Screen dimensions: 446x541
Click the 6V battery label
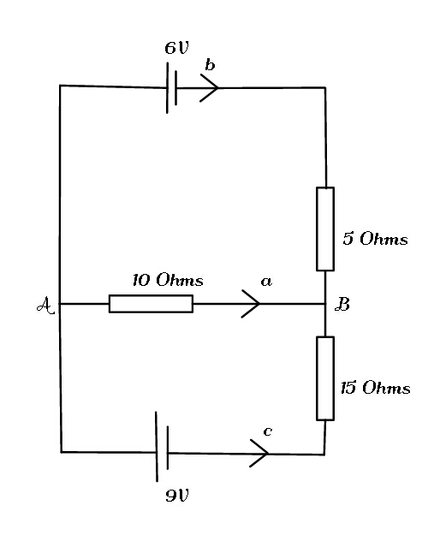(176, 48)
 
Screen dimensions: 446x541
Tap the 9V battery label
(177, 496)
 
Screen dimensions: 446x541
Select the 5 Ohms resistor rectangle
(325, 229)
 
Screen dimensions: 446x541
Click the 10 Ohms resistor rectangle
(151, 304)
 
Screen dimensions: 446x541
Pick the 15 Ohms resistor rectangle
(325, 378)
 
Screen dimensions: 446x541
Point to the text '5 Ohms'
(375, 239)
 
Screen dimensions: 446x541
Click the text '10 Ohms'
(168, 280)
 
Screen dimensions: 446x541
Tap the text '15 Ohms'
(375, 388)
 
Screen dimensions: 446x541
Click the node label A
(45, 305)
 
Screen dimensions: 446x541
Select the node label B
(342, 305)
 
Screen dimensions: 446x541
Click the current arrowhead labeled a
(251, 304)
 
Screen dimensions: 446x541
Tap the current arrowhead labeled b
(210, 87)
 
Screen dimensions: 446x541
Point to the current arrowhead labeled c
(259, 454)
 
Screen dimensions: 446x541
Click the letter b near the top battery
(210, 65)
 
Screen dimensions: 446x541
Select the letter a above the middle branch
(266, 282)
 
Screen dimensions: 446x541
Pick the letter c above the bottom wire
(267, 431)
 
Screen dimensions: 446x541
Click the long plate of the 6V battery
(168, 87)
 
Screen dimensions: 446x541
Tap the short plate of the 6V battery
(175, 88)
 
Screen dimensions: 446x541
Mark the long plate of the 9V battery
(157, 447)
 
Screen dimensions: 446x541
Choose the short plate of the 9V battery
(168, 448)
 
